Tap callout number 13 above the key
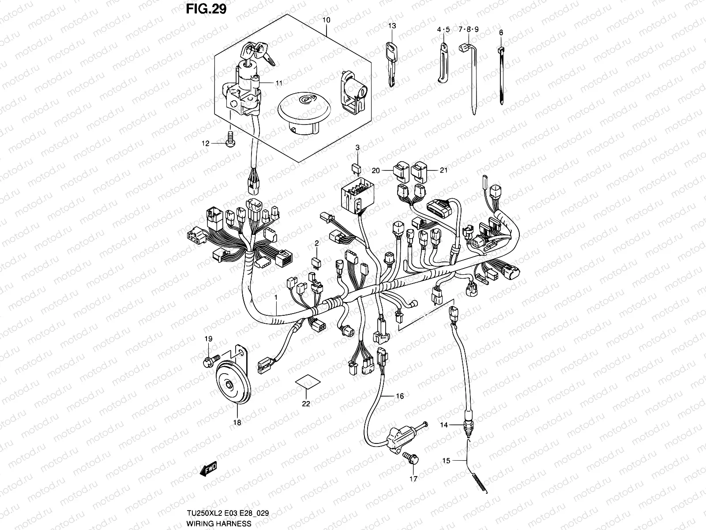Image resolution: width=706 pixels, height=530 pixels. pos(392,26)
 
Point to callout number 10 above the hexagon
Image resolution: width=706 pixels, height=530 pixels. pos(326,20)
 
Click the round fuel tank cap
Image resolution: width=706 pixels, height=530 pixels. pos(298,112)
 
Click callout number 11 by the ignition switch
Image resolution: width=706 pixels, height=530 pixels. pos(279,83)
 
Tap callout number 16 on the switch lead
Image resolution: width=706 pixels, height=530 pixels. pos(399,396)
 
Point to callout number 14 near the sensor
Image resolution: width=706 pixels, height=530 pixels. pos(443,425)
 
